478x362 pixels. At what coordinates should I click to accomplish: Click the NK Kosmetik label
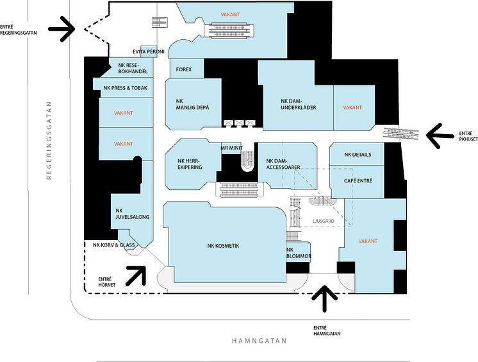click(223, 245)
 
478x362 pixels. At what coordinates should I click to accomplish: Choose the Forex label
click(184, 69)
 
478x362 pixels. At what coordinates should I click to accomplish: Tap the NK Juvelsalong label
click(133, 214)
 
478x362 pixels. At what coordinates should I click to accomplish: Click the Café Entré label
click(358, 181)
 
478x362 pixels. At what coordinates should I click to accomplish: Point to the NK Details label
click(358, 155)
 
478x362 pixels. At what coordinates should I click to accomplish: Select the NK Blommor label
click(299, 253)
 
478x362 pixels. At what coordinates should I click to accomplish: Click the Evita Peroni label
click(149, 51)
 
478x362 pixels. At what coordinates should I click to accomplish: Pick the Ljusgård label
click(323, 221)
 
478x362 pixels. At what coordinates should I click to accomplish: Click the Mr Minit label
click(230, 148)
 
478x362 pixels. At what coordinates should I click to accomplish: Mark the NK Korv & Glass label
click(113, 245)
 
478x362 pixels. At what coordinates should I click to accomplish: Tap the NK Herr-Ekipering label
click(190, 164)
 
